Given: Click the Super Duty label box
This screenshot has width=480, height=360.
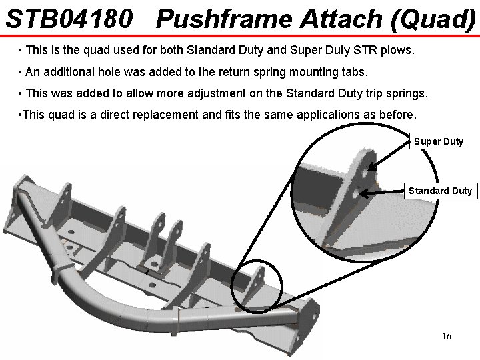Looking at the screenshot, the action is pos(439,141).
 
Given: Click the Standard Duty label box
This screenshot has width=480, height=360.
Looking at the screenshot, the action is pos(440,191).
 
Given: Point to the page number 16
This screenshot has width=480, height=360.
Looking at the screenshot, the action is pos(446,336).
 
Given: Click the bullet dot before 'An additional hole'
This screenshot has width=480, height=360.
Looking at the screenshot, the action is pos(22,71).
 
